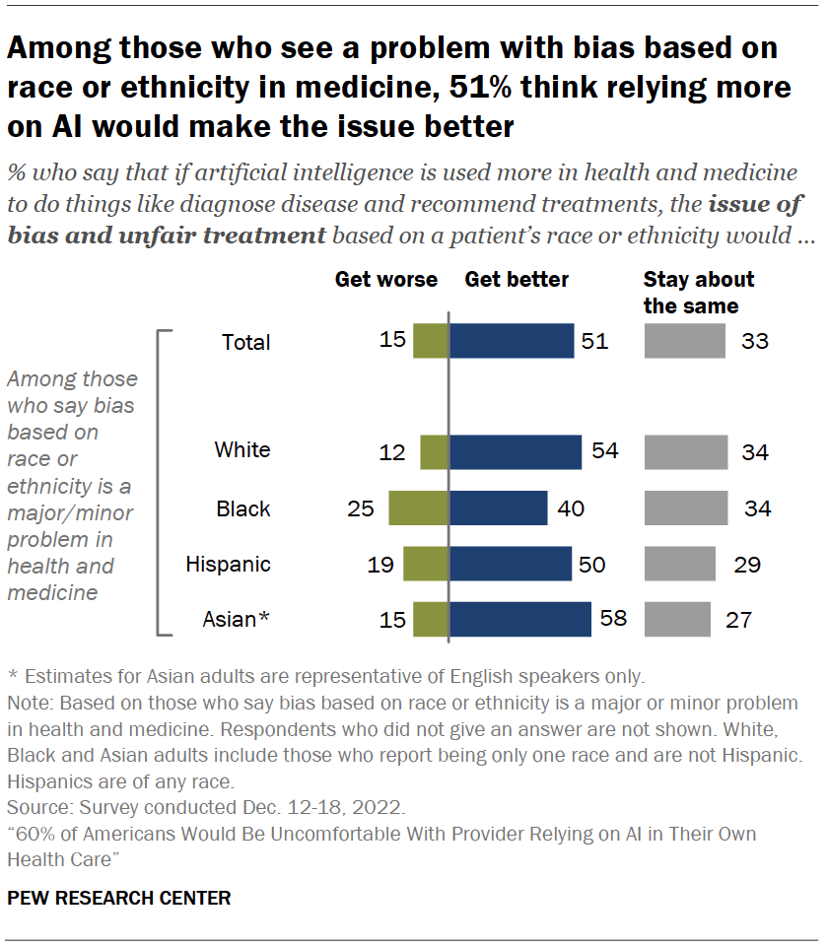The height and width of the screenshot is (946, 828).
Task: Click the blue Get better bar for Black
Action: [498, 508]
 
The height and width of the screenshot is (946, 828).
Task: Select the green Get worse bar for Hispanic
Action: [426, 564]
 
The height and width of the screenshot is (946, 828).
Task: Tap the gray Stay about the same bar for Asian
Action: [677, 619]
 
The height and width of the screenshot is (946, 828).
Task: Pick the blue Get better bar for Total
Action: [512, 341]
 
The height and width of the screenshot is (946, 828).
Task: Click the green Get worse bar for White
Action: [434, 451]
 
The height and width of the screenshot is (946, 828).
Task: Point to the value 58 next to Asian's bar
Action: [613, 620]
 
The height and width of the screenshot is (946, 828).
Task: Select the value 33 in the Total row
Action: [755, 342]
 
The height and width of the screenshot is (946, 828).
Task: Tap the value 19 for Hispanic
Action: [380, 565]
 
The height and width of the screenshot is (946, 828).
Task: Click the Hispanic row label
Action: [228, 565]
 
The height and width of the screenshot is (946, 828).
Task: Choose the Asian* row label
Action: [236, 620]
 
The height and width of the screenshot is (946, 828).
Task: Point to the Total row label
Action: [246, 342]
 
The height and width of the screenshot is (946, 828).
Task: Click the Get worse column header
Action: [385, 279]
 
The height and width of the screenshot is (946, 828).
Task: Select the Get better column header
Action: [517, 279]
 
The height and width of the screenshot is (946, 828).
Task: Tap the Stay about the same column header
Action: [698, 292]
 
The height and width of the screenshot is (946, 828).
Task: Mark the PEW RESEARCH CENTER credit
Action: [119, 898]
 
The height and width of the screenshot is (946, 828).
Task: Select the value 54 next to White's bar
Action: [605, 451]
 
